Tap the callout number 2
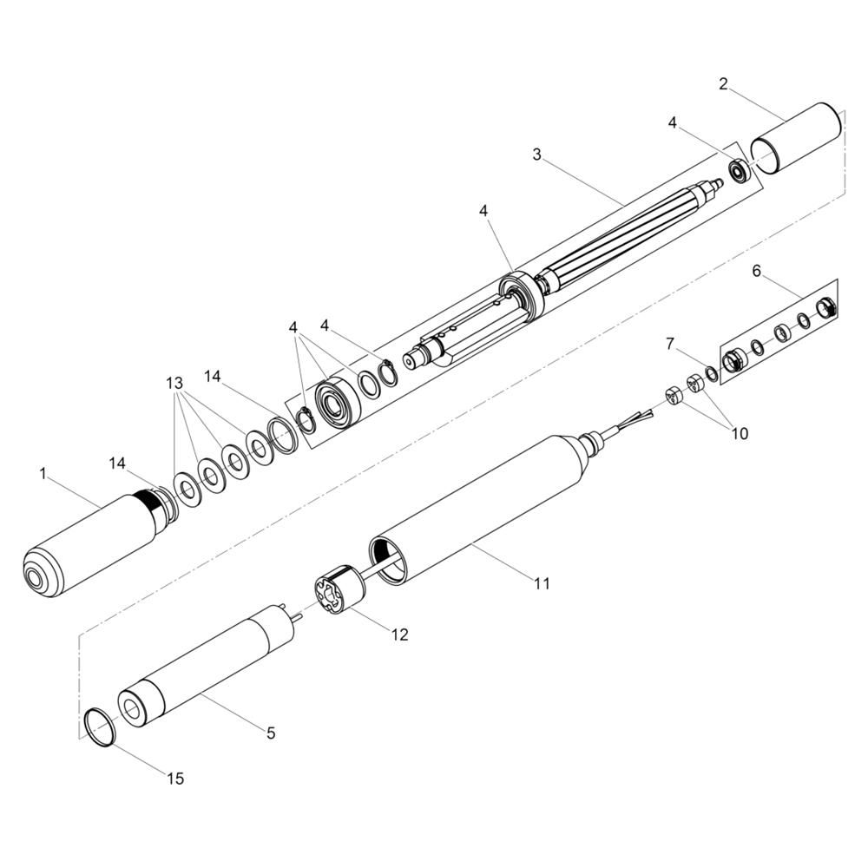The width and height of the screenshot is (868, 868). (724, 84)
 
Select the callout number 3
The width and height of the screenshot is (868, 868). (536, 155)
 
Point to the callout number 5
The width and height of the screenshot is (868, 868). (271, 733)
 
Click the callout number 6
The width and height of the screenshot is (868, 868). (757, 270)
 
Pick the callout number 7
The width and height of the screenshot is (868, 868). (670, 344)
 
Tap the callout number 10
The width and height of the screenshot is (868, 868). (740, 433)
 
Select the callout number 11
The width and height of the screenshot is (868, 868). (542, 583)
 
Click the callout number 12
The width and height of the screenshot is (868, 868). (399, 635)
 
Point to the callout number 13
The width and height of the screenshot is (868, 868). (174, 383)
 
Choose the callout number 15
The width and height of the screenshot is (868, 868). (175, 779)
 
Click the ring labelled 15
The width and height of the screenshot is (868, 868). (100, 727)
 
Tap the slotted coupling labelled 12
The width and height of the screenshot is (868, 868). (338, 594)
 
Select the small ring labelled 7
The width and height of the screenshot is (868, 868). (713, 373)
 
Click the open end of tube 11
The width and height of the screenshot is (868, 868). (390, 558)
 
